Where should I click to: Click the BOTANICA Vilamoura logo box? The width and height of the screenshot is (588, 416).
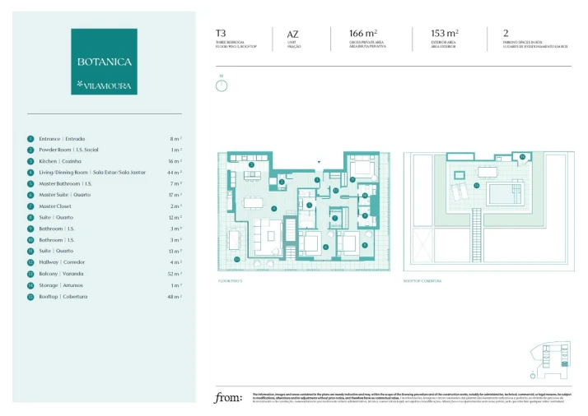pyautogui.click(x=104, y=61)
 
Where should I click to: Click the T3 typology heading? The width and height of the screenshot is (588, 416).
pyautogui.click(x=221, y=34)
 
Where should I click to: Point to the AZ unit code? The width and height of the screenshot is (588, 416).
pyautogui.click(x=292, y=35)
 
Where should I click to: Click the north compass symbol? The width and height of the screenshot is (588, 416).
pyautogui.click(x=221, y=85)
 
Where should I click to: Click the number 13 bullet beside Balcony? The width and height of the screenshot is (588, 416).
pyautogui.click(x=30, y=274)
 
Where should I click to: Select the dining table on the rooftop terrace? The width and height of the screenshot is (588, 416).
pyautogui.click(x=458, y=174)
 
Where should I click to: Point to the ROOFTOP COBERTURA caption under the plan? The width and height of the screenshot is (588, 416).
pyautogui.click(x=422, y=281)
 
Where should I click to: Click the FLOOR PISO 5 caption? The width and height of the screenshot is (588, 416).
pyautogui.click(x=231, y=281)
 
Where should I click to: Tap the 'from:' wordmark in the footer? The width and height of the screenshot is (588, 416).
pyautogui.click(x=228, y=399)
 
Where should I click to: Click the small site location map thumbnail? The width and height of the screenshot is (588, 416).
pyautogui.click(x=549, y=358)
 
